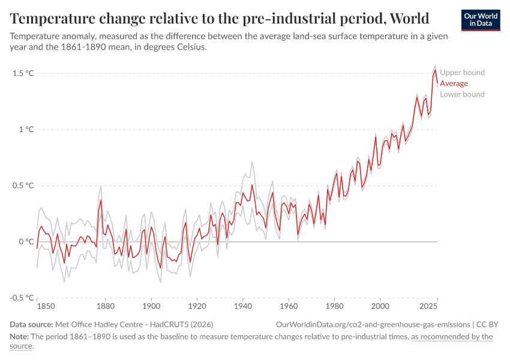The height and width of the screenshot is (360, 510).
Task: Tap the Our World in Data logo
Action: point(480,20)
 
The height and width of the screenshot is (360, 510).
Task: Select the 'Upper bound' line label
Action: point(462,73)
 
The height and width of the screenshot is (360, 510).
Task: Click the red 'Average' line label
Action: point(454,83)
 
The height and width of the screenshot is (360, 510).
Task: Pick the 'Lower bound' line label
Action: point(462,94)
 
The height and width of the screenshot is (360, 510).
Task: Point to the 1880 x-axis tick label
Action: point(106,307)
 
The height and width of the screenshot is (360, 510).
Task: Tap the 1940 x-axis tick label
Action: point(243,307)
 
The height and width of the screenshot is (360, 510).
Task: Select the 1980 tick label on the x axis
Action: point(334,307)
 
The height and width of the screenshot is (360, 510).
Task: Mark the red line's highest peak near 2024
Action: point(435,70)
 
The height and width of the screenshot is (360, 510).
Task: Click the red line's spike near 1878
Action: point(101,200)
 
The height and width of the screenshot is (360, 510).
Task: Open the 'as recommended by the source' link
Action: point(451,337)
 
